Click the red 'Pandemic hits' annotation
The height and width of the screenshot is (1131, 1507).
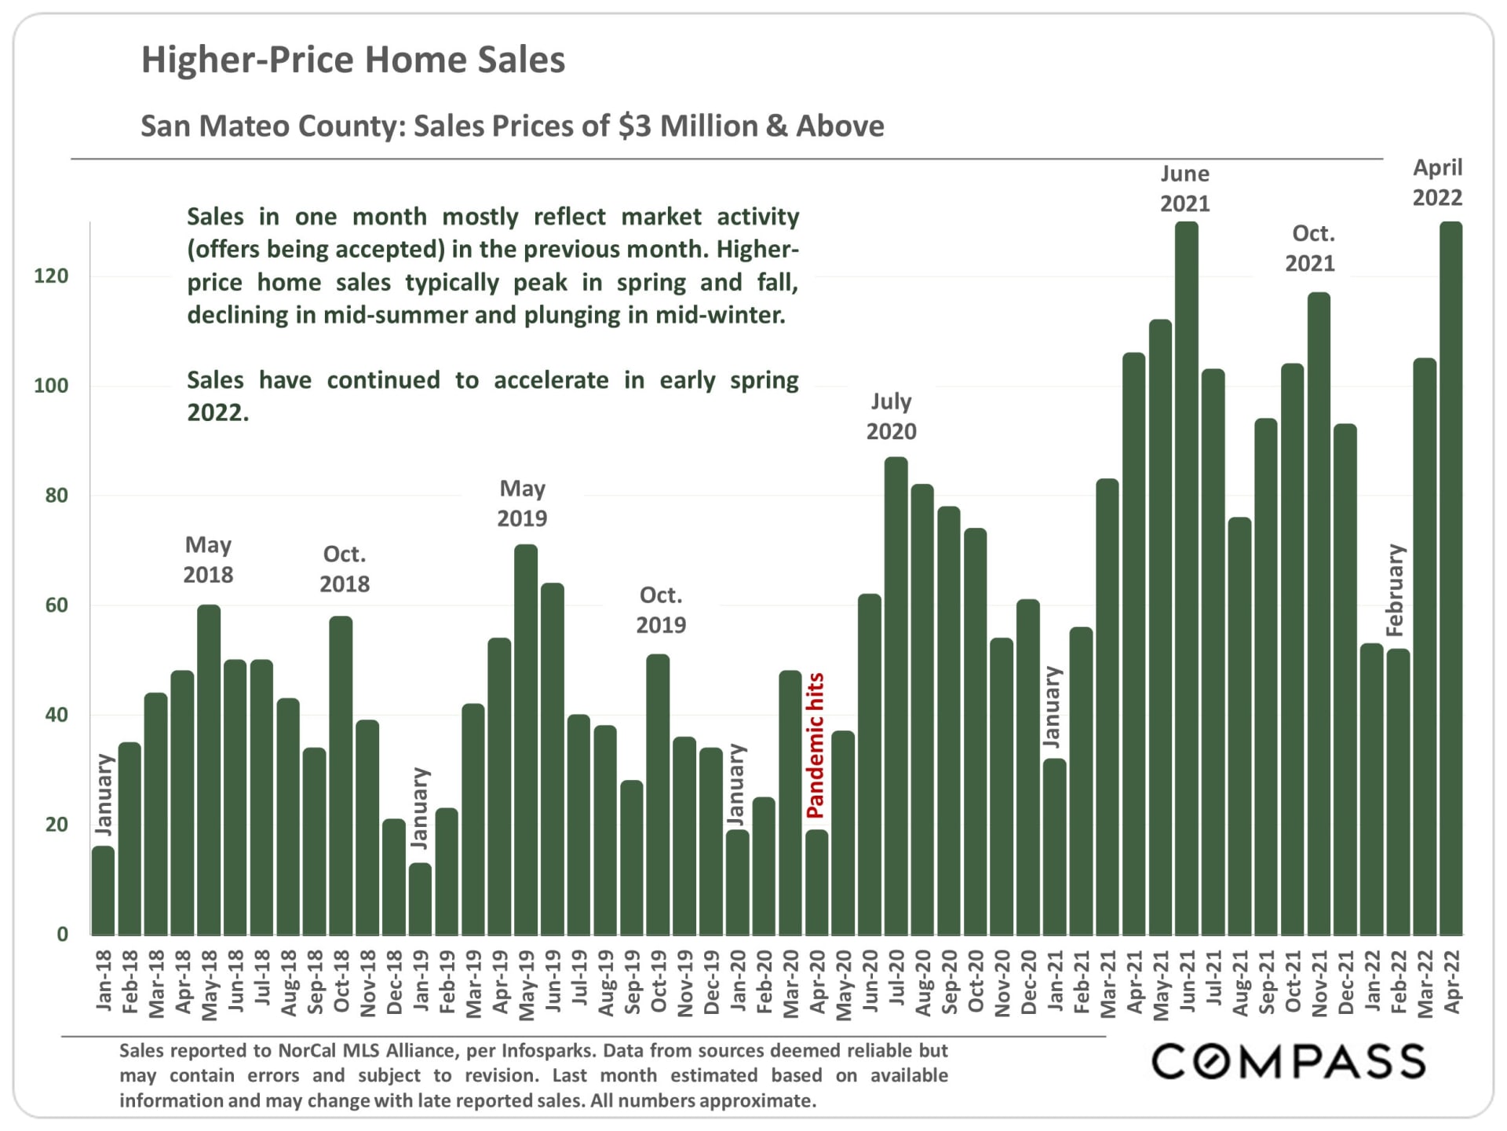(816, 745)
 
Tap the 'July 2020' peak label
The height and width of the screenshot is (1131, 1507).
(891, 416)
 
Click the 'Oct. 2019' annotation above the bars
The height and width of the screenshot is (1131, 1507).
(660, 609)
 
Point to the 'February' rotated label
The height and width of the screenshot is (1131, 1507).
(1395, 589)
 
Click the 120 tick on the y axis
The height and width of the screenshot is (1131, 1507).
(51, 276)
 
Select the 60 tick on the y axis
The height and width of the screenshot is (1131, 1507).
(56, 605)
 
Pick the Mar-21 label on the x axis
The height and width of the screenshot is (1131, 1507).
(1107, 983)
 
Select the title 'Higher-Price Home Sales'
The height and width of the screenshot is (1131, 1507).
(352, 60)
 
